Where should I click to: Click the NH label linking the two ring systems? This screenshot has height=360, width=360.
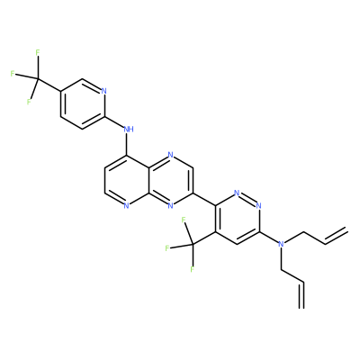click(129, 130)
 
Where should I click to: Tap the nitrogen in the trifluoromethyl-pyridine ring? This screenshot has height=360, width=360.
click(104, 91)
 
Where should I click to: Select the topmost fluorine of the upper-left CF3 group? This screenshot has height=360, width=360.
click(38, 52)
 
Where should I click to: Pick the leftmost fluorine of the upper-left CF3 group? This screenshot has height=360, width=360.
click(13, 74)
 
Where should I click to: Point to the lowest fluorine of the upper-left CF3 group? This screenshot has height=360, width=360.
click(29, 102)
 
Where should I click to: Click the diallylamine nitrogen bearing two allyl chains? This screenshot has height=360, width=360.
click(281, 244)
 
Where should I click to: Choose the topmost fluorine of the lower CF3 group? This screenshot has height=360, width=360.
click(184, 220)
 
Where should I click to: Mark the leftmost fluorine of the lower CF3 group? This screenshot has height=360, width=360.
click(167, 248)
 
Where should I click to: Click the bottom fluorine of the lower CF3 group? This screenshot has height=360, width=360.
click(193, 269)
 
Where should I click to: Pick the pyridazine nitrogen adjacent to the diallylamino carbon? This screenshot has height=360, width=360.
click(259, 205)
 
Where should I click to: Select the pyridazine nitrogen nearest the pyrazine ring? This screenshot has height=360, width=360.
click(237, 193)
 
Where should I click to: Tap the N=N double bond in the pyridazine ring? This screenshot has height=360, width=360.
click(247, 198)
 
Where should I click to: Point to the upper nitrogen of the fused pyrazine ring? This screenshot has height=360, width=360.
click(171, 155)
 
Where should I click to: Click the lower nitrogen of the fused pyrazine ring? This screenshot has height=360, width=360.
click(171, 205)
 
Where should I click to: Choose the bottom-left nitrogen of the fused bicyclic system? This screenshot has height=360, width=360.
click(127, 205)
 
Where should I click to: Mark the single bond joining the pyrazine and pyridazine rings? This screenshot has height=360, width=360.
click(204, 199)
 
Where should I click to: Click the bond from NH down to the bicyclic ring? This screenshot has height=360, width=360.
click(127, 145)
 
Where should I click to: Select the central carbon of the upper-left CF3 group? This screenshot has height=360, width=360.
click(38, 79)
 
